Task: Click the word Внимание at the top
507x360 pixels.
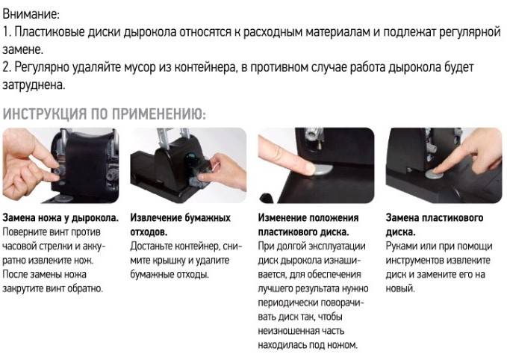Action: point(31,14)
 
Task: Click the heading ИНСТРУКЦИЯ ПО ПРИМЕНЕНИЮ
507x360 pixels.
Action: point(104,114)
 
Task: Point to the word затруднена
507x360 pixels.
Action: point(34,85)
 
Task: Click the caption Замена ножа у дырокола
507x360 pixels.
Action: point(60,217)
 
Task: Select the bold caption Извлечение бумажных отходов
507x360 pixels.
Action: point(181,225)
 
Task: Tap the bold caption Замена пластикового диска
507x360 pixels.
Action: point(435,225)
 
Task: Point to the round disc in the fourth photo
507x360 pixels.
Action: point(435,174)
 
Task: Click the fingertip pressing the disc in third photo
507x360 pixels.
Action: point(305,168)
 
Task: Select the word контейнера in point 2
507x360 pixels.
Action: point(205,68)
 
